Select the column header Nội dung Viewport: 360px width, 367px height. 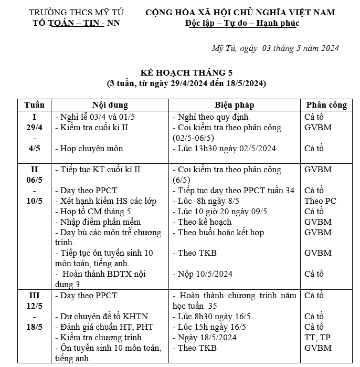point(110,105)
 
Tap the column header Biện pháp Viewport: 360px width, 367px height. point(234,105)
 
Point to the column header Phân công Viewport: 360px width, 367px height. point(326,105)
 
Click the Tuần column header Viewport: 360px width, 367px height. point(34,105)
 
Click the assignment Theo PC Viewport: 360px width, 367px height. point(320,201)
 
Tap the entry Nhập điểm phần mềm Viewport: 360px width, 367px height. point(97,222)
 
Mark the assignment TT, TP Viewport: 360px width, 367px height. point(317,337)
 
